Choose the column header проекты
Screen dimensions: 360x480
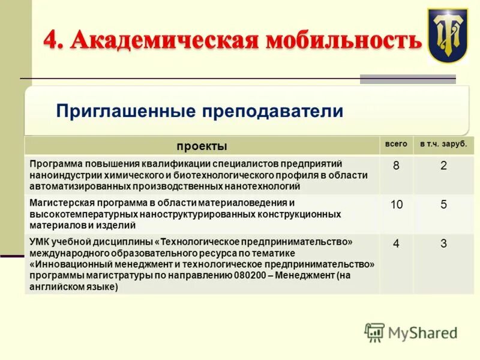click(202, 146)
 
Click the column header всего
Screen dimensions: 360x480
click(396, 145)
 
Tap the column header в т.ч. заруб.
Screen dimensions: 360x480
click(443, 145)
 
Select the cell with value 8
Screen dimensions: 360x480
click(396, 166)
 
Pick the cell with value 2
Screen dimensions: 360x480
click(443, 166)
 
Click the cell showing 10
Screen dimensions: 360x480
click(396, 205)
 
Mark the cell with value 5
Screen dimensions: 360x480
click(443, 205)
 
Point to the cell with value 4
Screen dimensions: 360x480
click(396, 244)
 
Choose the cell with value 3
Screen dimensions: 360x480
click(443, 244)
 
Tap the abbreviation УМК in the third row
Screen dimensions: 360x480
click(40, 241)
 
